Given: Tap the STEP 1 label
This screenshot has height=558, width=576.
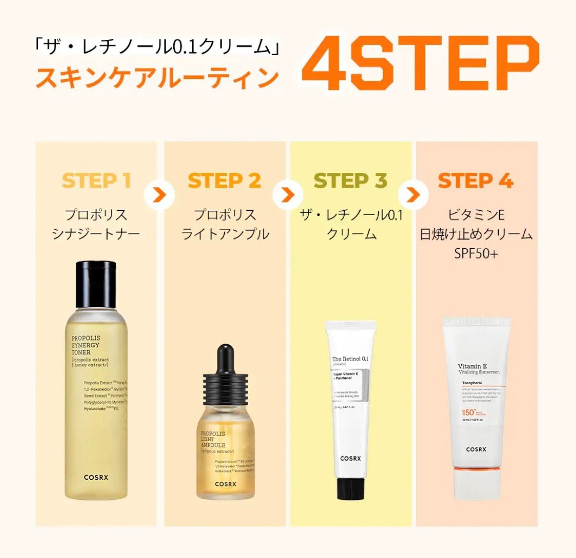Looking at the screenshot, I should pos(96,181).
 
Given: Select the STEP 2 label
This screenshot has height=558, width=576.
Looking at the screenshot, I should pos(224,181).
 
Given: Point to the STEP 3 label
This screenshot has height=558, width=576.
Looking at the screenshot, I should pos(350,181).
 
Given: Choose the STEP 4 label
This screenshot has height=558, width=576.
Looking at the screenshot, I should pos(476,181).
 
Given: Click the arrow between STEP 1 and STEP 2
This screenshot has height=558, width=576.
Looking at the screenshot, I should pos(159,195).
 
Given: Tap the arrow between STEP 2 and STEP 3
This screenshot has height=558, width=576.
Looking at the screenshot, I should pos(288,195).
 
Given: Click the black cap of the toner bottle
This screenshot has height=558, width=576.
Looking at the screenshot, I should pos(96,283).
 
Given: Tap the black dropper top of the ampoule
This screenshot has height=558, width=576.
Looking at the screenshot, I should pos(225,375).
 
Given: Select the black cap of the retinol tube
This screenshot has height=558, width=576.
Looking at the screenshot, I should pos(350,487).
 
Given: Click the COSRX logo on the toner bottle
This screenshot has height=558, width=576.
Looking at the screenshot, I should pos(96,477).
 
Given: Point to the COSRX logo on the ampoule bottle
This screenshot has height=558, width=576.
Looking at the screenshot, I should pos(225,484).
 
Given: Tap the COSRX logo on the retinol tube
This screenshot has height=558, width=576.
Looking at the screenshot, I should pos(350,459).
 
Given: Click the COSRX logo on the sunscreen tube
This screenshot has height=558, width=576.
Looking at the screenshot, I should pos(476,449).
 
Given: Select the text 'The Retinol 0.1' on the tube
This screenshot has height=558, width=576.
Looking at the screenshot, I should pos(350,359).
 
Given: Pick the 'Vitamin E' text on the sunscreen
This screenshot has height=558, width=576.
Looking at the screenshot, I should pos(472,366).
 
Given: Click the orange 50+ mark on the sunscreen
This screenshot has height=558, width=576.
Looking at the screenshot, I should pos(470,412).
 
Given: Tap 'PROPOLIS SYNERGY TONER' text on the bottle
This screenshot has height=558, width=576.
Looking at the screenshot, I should pos(86,345).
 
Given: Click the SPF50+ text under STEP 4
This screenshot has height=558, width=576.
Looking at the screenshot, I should pos(476,253).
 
